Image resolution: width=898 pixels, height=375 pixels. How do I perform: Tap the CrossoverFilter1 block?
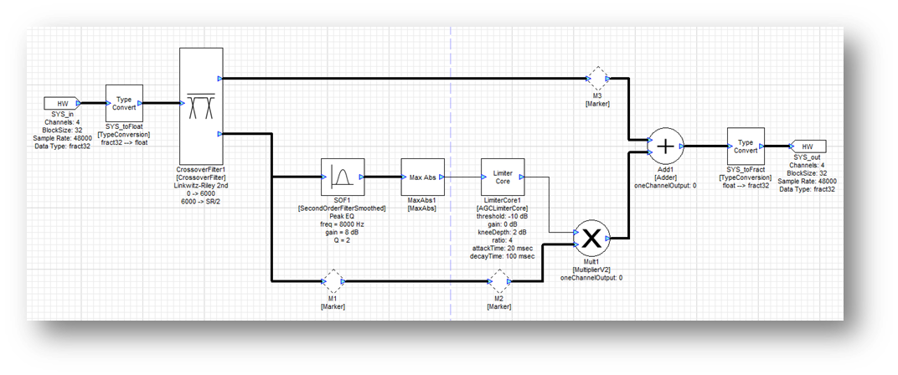201,105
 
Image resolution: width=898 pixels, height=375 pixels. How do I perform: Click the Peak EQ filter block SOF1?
342,177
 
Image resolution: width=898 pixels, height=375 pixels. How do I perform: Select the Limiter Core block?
502,177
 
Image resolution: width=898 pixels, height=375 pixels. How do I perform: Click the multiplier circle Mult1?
590,239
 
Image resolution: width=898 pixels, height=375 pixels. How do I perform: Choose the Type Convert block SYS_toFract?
745,147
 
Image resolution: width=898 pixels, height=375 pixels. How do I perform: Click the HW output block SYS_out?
808,146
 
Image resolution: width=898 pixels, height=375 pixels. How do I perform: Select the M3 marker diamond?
598,80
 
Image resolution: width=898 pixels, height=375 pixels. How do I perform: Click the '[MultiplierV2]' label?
590,269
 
